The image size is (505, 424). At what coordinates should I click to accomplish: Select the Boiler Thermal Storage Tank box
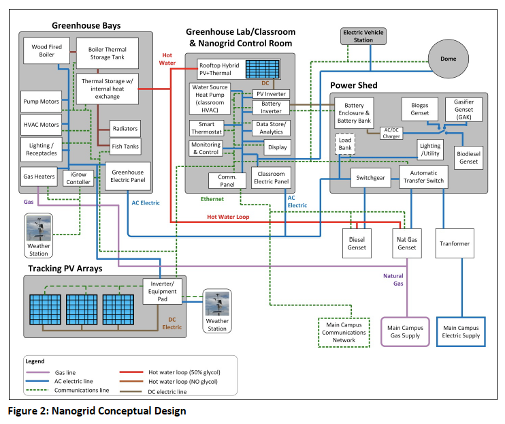tap(107, 52)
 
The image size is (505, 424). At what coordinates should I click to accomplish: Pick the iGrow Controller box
tap(78, 178)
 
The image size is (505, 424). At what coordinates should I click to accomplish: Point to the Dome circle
tap(449, 59)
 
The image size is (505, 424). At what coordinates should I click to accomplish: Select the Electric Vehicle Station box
tap(363, 36)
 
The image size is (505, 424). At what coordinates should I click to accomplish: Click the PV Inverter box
tap(271, 93)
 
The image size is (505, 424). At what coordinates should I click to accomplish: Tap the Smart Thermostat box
tap(206, 128)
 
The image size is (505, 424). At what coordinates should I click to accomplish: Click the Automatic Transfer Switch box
tap(423, 177)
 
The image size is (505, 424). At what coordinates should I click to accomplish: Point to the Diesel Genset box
tap(357, 243)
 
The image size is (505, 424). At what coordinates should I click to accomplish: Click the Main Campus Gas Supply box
tap(406, 332)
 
